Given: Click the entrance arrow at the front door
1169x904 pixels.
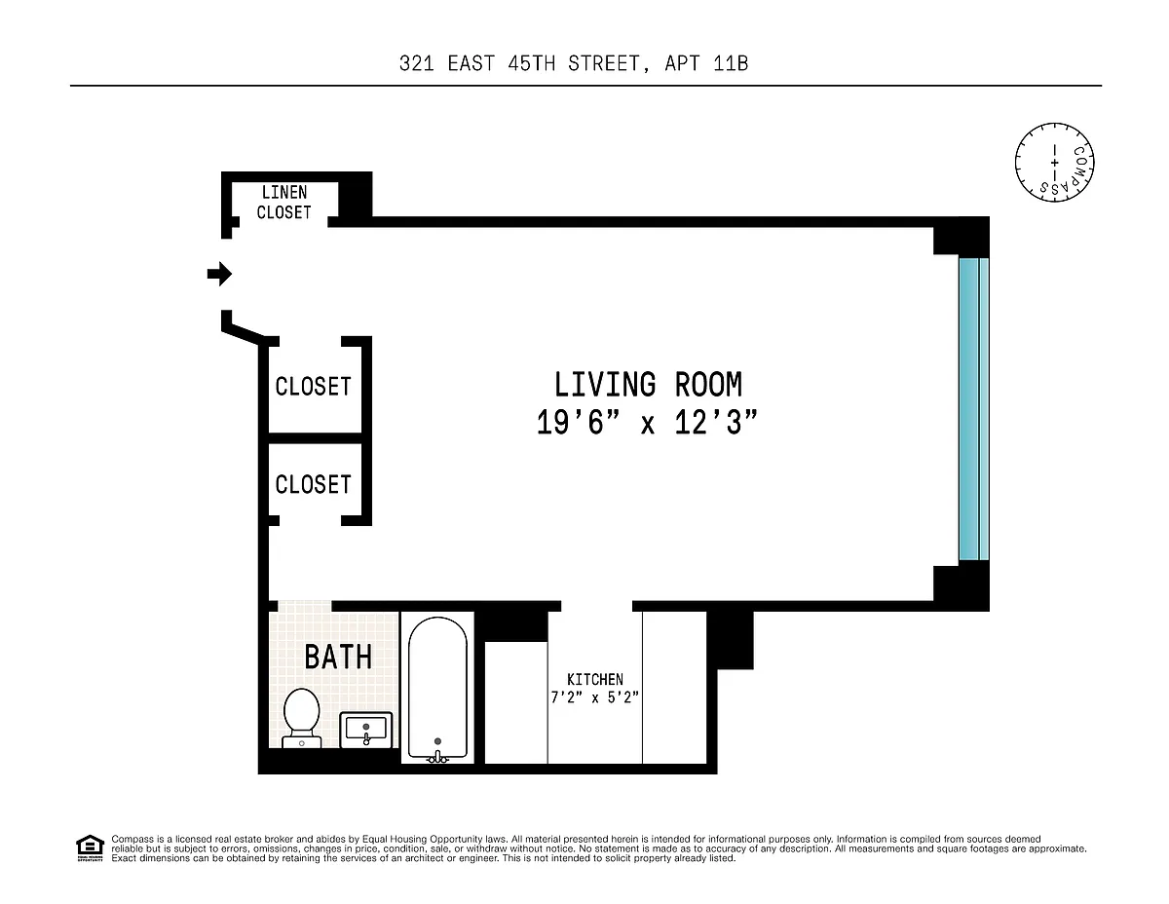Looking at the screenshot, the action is pyautogui.click(x=219, y=274).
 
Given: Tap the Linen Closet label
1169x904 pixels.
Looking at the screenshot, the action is pyautogui.click(x=283, y=203).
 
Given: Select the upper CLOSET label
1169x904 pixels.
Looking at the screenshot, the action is pyautogui.click(x=313, y=386).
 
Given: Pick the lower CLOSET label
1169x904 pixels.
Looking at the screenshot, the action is pyautogui.click(x=313, y=484).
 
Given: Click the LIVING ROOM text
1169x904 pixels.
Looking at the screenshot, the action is pyautogui.click(x=648, y=385).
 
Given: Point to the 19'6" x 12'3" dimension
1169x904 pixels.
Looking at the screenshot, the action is pyautogui.click(x=647, y=422).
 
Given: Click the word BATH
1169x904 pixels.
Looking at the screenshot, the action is pyautogui.click(x=338, y=657).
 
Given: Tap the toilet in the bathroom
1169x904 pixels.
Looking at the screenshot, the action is pyautogui.click(x=302, y=718).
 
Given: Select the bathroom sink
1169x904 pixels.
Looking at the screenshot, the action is pyautogui.click(x=366, y=730).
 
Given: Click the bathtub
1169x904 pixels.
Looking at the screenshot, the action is pyautogui.click(x=437, y=689).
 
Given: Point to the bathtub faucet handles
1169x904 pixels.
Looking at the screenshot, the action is pyautogui.click(x=437, y=758).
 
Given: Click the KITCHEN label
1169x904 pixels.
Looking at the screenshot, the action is pyautogui.click(x=595, y=679).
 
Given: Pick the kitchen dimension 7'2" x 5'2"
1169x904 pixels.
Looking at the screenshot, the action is pyautogui.click(x=595, y=697).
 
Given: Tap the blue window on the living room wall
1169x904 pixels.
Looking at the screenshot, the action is pyautogui.click(x=974, y=410).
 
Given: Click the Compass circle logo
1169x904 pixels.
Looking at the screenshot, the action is pyautogui.click(x=1054, y=163).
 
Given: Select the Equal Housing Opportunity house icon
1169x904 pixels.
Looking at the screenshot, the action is pyautogui.click(x=90, y=847).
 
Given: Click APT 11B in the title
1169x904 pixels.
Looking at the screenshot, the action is pyautogui.click(x=706, y=63).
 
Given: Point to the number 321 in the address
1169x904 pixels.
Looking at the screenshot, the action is pyautogui.click(x=416, y=63).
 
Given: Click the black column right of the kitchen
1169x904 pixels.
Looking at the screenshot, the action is pyautogui.click(x=730, y=640).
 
